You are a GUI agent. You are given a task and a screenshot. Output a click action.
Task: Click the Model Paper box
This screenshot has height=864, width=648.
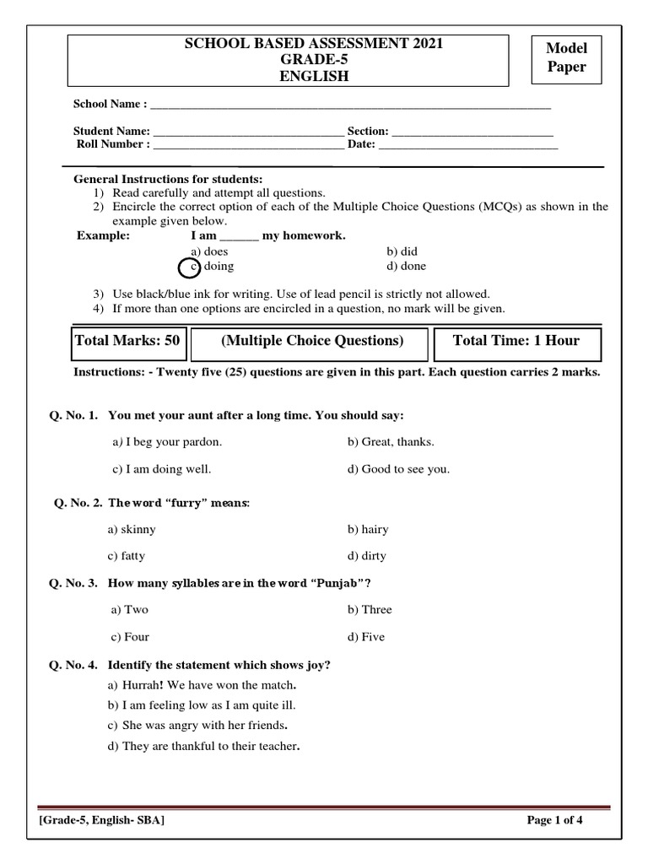click(567, 59)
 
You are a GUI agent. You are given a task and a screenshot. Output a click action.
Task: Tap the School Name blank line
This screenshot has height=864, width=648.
click(350, 106)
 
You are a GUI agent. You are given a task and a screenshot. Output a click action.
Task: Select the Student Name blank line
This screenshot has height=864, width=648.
click(248, 133)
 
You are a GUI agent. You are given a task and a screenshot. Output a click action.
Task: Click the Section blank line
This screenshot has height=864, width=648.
click(472, 133)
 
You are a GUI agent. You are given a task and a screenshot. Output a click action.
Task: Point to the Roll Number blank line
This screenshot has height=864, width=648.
click(248, 146)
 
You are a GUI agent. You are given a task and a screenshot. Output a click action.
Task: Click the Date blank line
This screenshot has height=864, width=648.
click(468, 146)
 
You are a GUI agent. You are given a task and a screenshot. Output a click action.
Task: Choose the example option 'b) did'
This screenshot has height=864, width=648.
click(402, 251)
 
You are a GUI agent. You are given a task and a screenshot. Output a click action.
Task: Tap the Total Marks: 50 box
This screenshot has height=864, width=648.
click(127, 342)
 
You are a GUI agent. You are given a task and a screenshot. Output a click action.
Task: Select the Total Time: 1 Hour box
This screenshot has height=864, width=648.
click(516, 342)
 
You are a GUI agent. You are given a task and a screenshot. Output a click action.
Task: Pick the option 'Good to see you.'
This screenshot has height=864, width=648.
click(398, 470)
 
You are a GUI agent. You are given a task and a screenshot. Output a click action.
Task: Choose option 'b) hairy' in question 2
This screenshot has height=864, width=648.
click(368, 530)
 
